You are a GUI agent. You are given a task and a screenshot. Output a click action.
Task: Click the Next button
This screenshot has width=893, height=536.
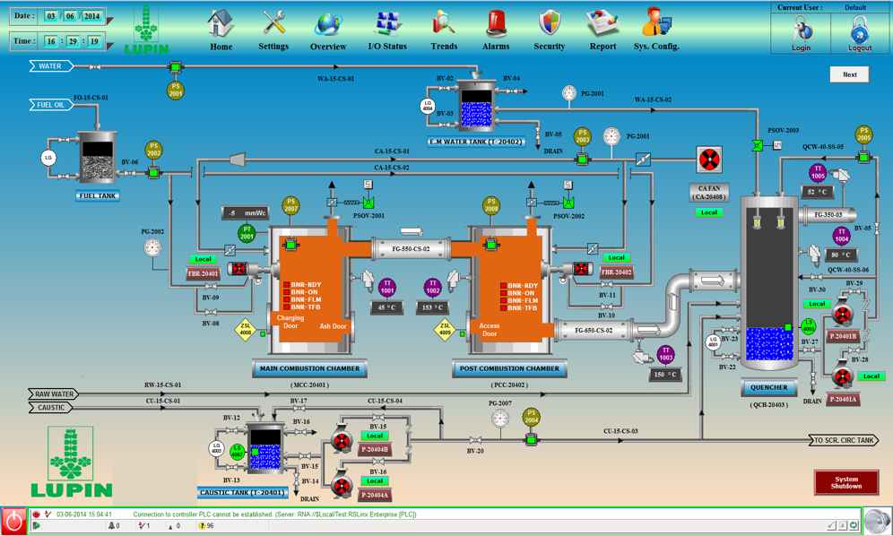click(x=849, y=75)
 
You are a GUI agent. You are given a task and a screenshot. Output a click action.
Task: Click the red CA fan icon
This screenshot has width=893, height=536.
click(x=710, y=160)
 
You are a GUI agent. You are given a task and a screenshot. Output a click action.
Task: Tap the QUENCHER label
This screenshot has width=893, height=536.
click(x=769, y=388)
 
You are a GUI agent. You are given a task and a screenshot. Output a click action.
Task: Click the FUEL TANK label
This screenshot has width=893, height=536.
click(x=99, y=195)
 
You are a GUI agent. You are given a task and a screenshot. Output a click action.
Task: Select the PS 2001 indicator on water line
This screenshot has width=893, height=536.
click(x=176, y=89)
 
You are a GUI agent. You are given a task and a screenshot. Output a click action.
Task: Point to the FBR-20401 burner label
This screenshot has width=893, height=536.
click(x=203, y=273)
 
